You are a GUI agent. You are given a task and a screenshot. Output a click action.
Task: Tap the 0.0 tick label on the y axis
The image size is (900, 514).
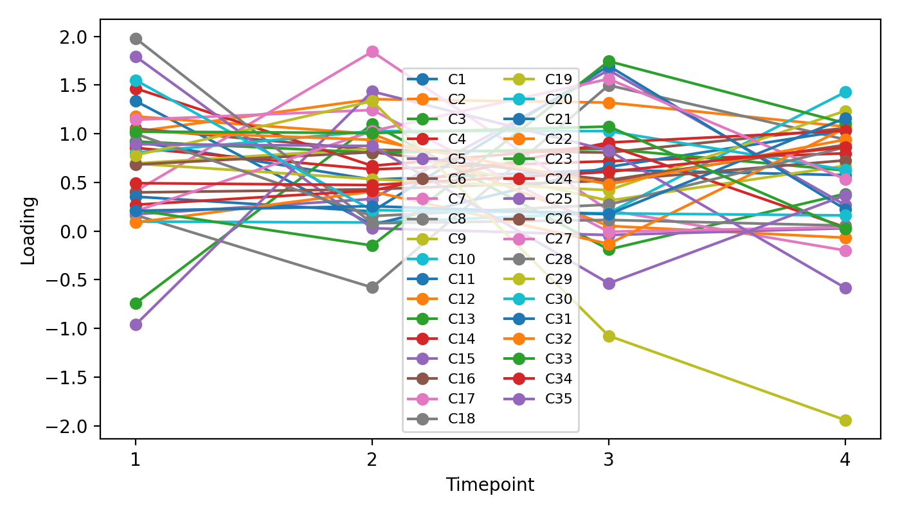point(80,232)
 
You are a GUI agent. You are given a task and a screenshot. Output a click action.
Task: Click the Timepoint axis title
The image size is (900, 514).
point(490,485)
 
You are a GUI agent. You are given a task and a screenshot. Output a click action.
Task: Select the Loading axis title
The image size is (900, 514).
point(28,230)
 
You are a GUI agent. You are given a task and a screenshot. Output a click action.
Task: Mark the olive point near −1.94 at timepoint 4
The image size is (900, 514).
point(845,420)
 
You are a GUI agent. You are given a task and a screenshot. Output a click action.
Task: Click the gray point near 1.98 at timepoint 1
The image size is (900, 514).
point(136,39)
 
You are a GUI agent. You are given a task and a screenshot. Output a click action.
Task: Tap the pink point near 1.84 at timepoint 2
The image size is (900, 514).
point(372,52)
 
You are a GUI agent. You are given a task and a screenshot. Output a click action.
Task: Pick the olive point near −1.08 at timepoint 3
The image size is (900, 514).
point(609,336)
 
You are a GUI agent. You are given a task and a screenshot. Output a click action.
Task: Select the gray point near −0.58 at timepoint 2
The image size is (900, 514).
point(372,287)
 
